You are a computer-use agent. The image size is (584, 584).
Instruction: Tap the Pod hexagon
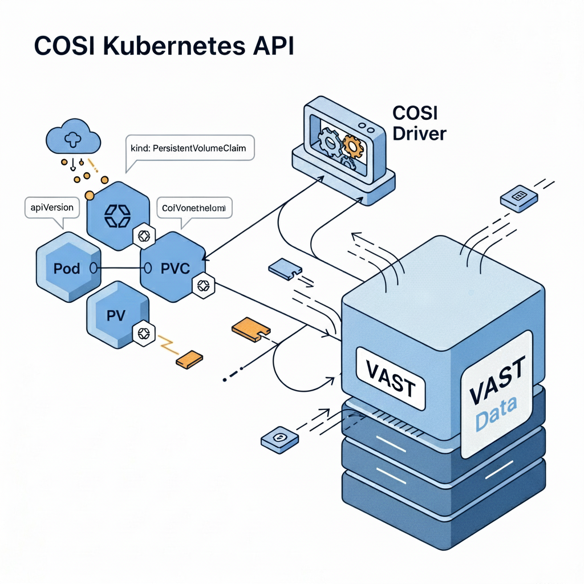click(67, 267)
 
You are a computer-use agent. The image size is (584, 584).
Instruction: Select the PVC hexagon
click(174, 267)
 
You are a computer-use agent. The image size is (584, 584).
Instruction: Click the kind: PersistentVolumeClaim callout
click(188, 148)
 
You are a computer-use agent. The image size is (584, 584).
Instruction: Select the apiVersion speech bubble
click(52, 208)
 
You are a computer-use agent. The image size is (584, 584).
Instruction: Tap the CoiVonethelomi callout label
click(194, 208)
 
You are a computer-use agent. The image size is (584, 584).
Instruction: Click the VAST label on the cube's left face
click(391, 378)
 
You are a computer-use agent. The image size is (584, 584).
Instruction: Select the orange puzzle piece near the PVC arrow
click(250, 330)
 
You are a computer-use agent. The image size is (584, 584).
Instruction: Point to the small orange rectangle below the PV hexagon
click(189, 359)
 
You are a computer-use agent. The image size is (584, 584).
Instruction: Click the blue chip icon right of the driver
click(518, 198)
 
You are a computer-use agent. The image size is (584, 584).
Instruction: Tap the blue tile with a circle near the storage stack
click(279, 439)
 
